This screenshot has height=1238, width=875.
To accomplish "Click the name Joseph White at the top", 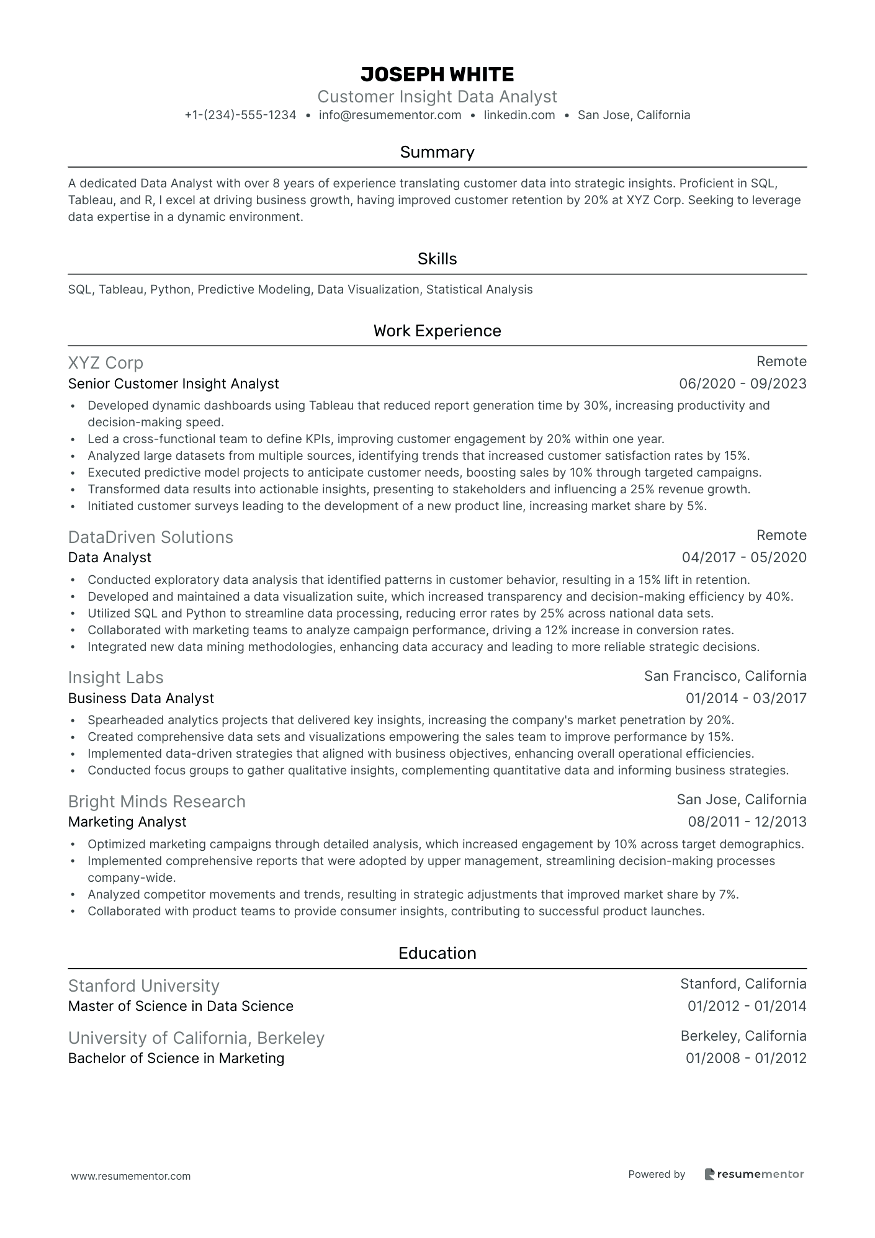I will tap(437, 74).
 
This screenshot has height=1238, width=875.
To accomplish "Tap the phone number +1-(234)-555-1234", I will tap(240, 115).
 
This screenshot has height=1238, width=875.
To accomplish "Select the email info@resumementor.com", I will tap(390, 115).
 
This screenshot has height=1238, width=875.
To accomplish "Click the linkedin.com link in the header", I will tap(519, 115).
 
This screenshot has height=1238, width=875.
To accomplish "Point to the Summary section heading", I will tap(437, 152).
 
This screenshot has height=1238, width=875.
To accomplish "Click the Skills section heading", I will tap(437, 259).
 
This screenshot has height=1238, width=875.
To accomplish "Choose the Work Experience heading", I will tap(437, 331).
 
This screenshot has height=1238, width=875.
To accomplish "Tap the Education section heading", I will tap(437, 953).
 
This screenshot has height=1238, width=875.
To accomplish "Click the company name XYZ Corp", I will tap(105, 363).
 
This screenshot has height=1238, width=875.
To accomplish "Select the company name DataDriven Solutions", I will tap(150, 537).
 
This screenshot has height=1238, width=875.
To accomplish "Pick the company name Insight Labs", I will tap(115, 678).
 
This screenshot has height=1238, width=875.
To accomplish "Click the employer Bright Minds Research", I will tap(156, 802).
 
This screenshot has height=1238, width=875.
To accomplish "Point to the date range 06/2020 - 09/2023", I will tap(742, 384).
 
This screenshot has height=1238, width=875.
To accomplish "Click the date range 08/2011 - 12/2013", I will tap(747, 822).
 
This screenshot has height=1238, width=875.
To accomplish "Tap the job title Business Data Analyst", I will tap(141, 698).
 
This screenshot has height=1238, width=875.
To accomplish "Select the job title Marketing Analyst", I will tap(127, 822).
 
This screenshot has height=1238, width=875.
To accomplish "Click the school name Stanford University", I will tap(143, 986).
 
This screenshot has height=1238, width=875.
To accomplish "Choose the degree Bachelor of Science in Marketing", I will tap(176, 1058).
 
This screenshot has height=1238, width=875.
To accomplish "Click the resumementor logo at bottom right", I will tap(754, 1174).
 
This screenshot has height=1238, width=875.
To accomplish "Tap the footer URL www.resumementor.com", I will tap(131, 1176).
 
